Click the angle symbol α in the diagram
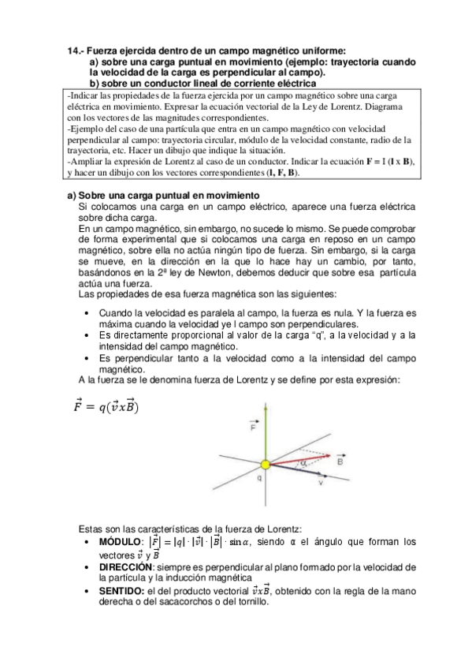point(304,464)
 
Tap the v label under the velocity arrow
point(320,483)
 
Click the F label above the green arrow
point(252,428)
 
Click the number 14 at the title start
point(72,51)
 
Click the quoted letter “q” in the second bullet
point(320,335)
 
